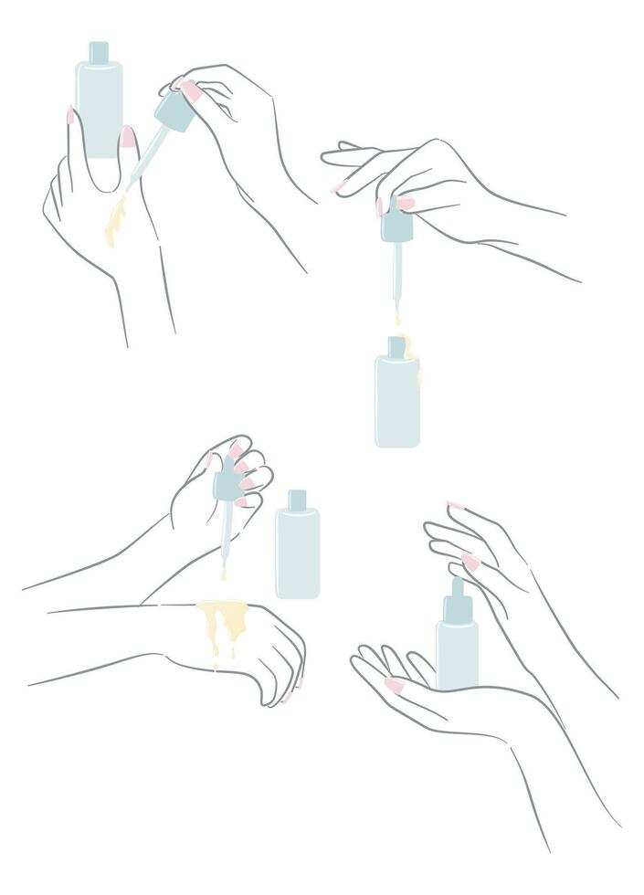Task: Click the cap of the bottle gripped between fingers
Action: pos(98,51)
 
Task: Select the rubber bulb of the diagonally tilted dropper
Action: pos(172,111)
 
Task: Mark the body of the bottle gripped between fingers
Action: pos(98,105)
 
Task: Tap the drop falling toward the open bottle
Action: pos(396,320)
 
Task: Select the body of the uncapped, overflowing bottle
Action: pos(397,402)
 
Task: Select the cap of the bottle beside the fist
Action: pos(297,500)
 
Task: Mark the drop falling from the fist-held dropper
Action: pos(222,575)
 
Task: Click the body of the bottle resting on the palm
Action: pos(457,653)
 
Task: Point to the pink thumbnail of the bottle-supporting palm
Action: pos(394,685)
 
